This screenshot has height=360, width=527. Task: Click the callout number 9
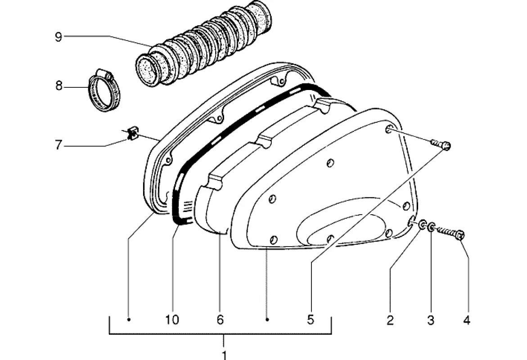click(x=59, y=36)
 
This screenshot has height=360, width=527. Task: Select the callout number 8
click(x=59, y=86)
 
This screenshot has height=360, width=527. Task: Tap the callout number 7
click(x=59, y=145)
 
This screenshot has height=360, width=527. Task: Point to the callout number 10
click(x=172, y=319)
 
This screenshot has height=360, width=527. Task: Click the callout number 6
click(x=220, y=319)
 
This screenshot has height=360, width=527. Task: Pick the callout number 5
click(x=310, y=319)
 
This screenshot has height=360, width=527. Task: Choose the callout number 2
click(x=390, y=320)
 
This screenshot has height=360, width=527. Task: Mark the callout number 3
click(x=431, y=320)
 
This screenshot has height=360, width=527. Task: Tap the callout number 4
click(x=467, y=320)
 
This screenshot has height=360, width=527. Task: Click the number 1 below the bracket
click(x=224, y=355)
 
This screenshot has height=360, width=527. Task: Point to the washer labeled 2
click(x=422, y=225)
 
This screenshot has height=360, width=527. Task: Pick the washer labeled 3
click(x=431, y=228)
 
